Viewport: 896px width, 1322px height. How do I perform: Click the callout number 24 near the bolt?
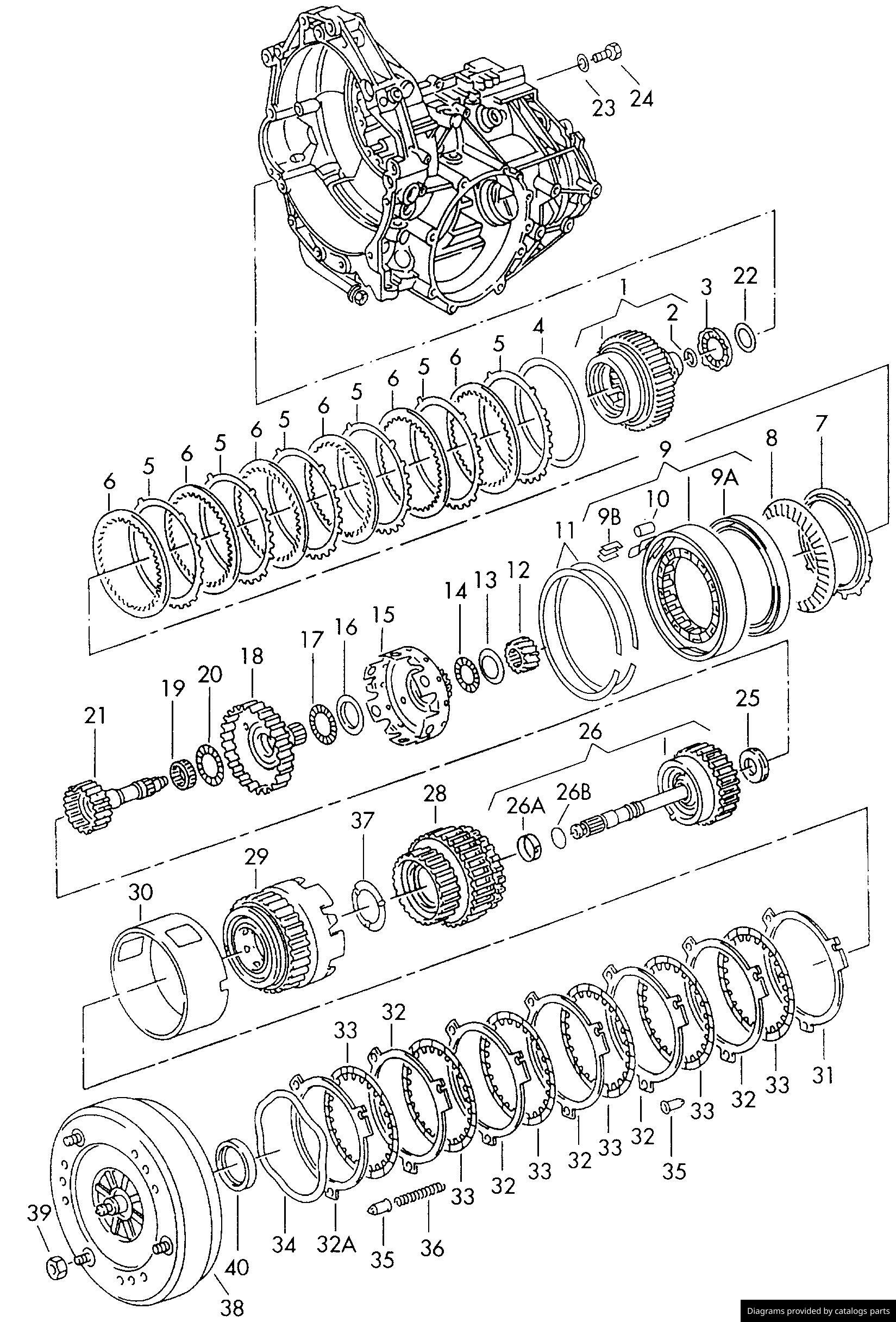pos(641,99)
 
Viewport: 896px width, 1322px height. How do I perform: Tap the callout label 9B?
pos(607,519)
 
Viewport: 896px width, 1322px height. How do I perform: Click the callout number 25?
pos(748,699)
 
